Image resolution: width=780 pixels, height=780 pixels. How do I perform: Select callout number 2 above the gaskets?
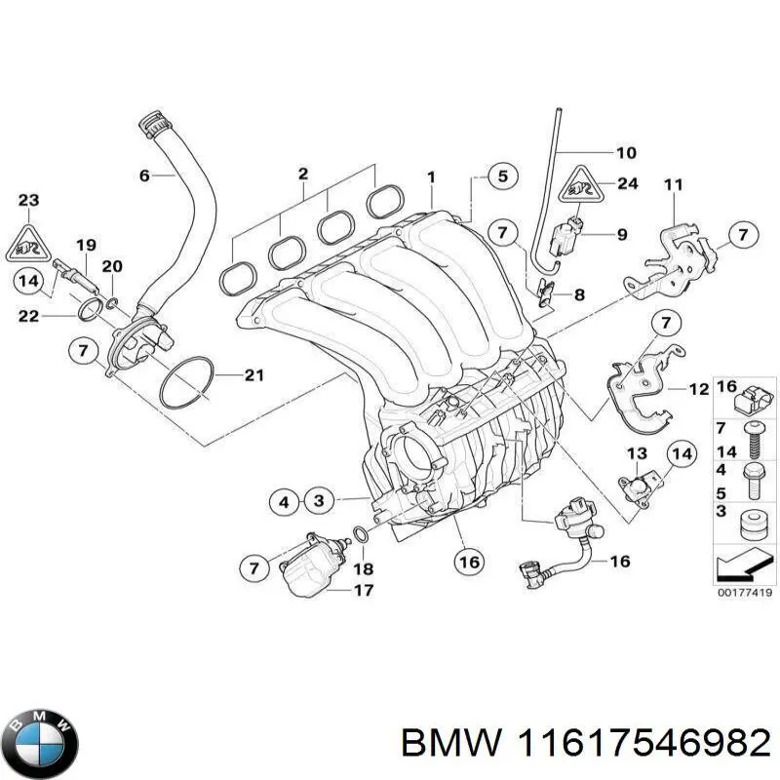coord(302,175)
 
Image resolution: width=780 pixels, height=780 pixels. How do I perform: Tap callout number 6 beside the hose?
coord(144,176)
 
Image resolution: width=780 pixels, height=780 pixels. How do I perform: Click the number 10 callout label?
coord(625,152)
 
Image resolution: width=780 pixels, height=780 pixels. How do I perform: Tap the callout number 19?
coord(86,245)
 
